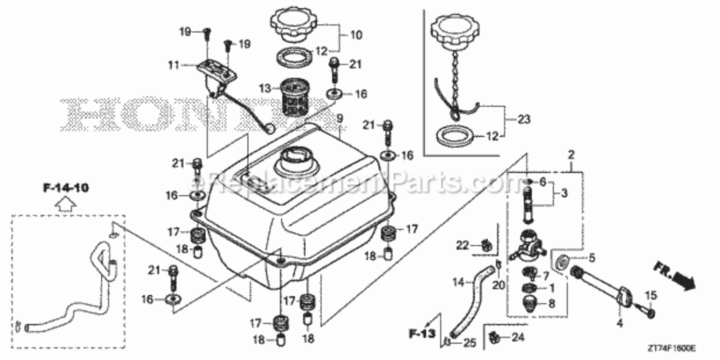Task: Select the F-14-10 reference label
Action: pos(66,188)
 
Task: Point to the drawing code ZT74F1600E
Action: pos(672,348)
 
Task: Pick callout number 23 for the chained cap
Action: pos(524,119)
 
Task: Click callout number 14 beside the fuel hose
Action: pos(458,283)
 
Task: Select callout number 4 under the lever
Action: pos(619,324)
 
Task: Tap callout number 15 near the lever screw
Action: pos(650,296)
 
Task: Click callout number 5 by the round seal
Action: pos(591,258)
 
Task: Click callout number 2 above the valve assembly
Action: pos(571,155)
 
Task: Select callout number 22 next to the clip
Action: pos(462,245)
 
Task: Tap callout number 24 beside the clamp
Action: pos(518,338)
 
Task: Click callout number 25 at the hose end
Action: pos(469,343)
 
